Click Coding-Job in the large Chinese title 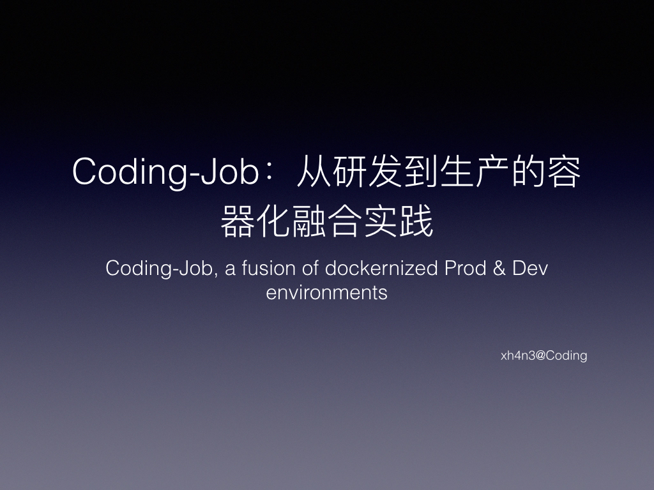pyautogui.click(x=165, y=173)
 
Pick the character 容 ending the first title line pyautogui.click(x=565, y=173)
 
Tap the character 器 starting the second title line pyautogui.click(x=237, y=223)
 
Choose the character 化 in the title pyautogui.click(x=273, y=223)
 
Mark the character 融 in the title pyautogui.click(x=309, y=223)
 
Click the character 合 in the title pyautogui.click(x=345, y=223)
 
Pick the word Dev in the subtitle pyautogui.click(x=531, y=269)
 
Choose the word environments pyautogui.click(x=326, y=293)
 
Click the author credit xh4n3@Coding pyautogui.click(x=544, y=356)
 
